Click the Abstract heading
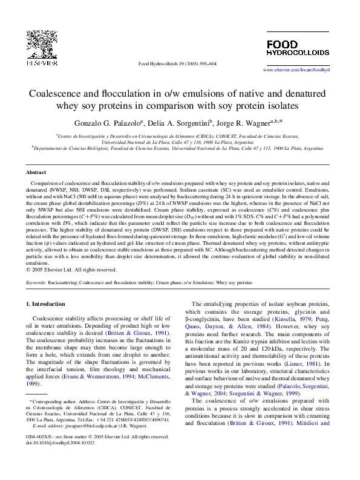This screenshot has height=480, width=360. tap(37, 172)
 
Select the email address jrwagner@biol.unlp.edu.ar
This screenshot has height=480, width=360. tap(88, 425)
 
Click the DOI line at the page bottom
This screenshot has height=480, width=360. tap(60, 443)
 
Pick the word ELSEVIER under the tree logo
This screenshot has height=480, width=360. tap(40, 62)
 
